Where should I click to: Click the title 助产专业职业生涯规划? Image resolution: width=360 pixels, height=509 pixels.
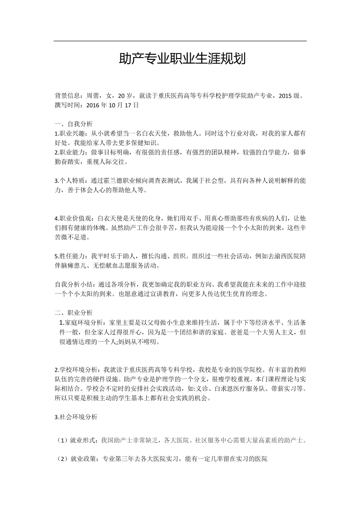click(x=182, y=59)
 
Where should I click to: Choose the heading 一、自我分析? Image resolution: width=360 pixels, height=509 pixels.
click(x=74, y=124)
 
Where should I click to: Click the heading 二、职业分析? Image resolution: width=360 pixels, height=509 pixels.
click(x=74, y=313)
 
